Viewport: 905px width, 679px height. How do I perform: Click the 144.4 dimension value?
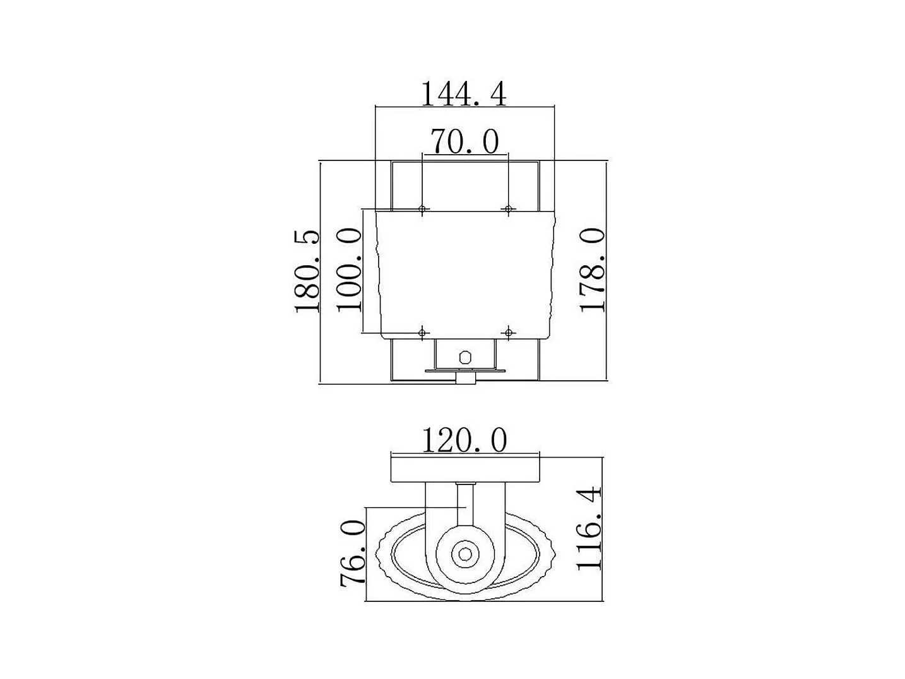pos(463,94)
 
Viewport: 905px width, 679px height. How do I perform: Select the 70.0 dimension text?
pos(464,141)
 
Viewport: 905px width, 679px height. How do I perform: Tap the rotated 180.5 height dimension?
pos(307,271)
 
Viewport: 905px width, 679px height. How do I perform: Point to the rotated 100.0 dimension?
pos(350,270)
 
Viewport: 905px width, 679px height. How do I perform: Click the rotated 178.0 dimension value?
pos(593,270)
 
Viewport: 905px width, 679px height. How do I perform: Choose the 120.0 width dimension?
pos(464,440)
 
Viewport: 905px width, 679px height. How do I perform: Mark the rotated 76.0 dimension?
pos(353,552)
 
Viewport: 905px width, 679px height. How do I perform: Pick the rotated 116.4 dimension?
pos(589,529)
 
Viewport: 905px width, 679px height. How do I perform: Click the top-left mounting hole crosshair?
pos(422,209)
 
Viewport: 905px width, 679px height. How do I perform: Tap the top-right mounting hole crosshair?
pos(509,209)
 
